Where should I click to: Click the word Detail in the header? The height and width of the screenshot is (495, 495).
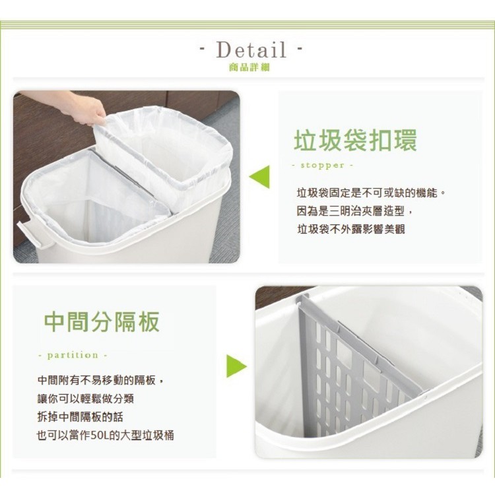(251, 49)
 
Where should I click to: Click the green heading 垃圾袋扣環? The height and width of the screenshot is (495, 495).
(354, 140)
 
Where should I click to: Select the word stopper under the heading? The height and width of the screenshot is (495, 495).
(323, 165)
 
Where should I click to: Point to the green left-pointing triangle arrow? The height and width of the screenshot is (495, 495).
(259, 176)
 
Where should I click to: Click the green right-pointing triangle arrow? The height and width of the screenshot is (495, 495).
(236, 366)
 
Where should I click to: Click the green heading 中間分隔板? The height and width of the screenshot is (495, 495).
(102, 323)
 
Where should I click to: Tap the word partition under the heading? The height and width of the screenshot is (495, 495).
(73, 355)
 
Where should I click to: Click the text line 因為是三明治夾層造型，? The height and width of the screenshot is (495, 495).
(354, 211)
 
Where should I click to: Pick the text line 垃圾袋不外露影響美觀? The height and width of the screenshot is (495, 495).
(350, 229)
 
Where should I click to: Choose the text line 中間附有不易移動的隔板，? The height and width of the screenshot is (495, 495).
(101, 381)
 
